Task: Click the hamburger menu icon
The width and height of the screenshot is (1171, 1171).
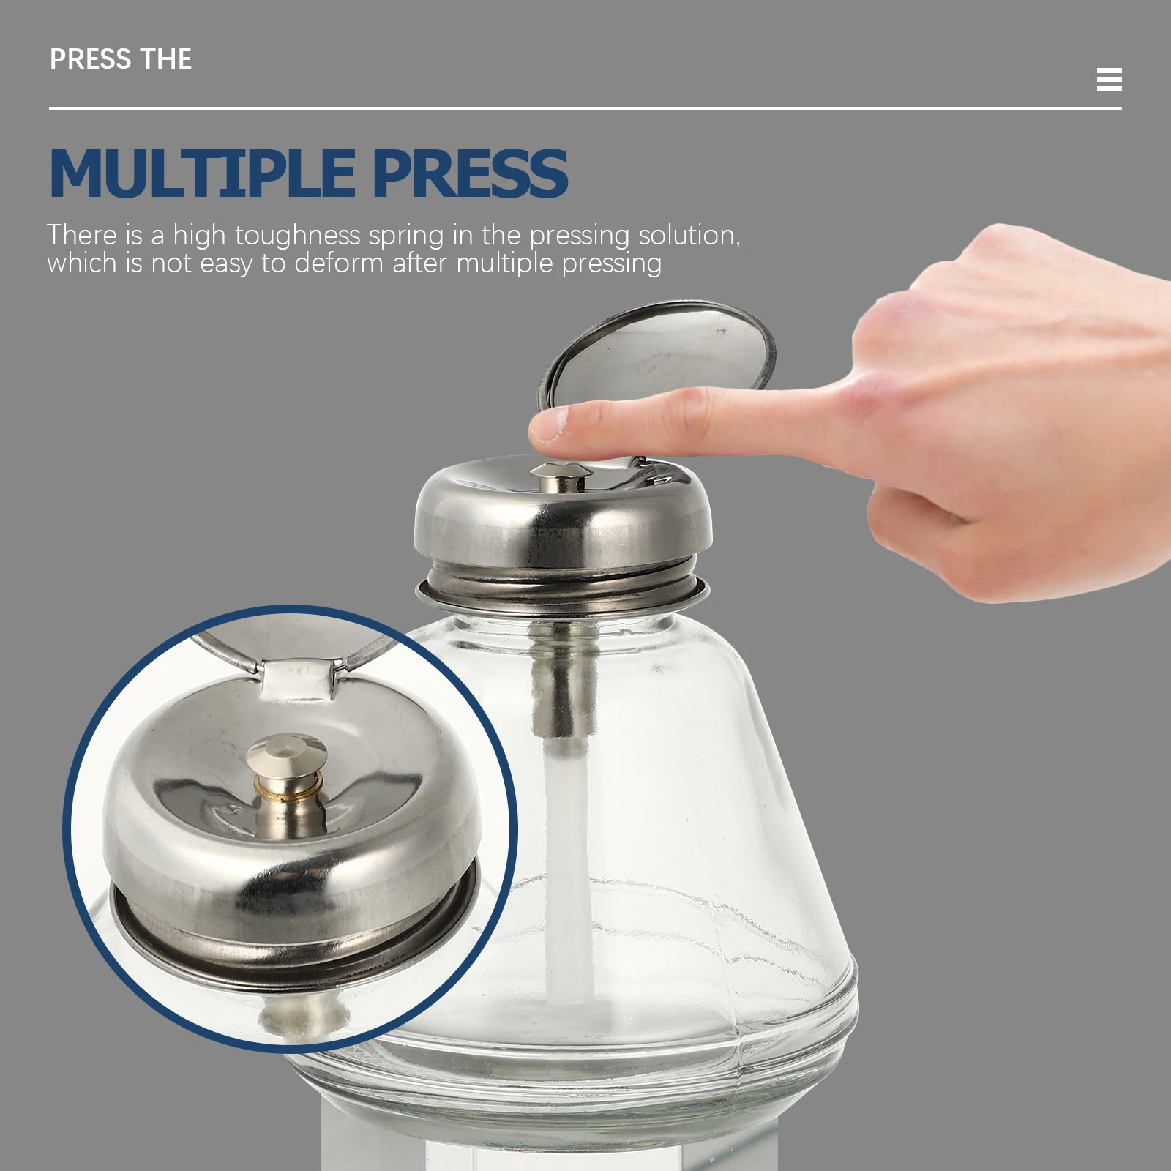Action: tap(1109, 79)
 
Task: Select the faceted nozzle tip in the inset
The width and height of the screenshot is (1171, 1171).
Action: tap(286, 754)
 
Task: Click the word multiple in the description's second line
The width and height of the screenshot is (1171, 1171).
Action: tap(505, 263)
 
